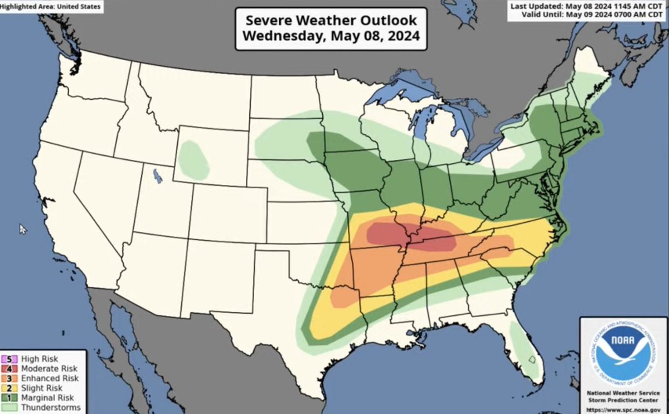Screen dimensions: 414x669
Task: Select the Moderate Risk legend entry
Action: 49,369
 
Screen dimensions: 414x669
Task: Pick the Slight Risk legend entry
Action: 42,388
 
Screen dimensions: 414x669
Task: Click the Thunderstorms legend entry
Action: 51,407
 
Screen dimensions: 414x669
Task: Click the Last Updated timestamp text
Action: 589,6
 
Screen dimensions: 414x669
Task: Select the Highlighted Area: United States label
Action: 51,7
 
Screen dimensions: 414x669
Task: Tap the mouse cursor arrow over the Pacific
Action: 22,228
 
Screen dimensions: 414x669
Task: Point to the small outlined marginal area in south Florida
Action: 532,360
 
